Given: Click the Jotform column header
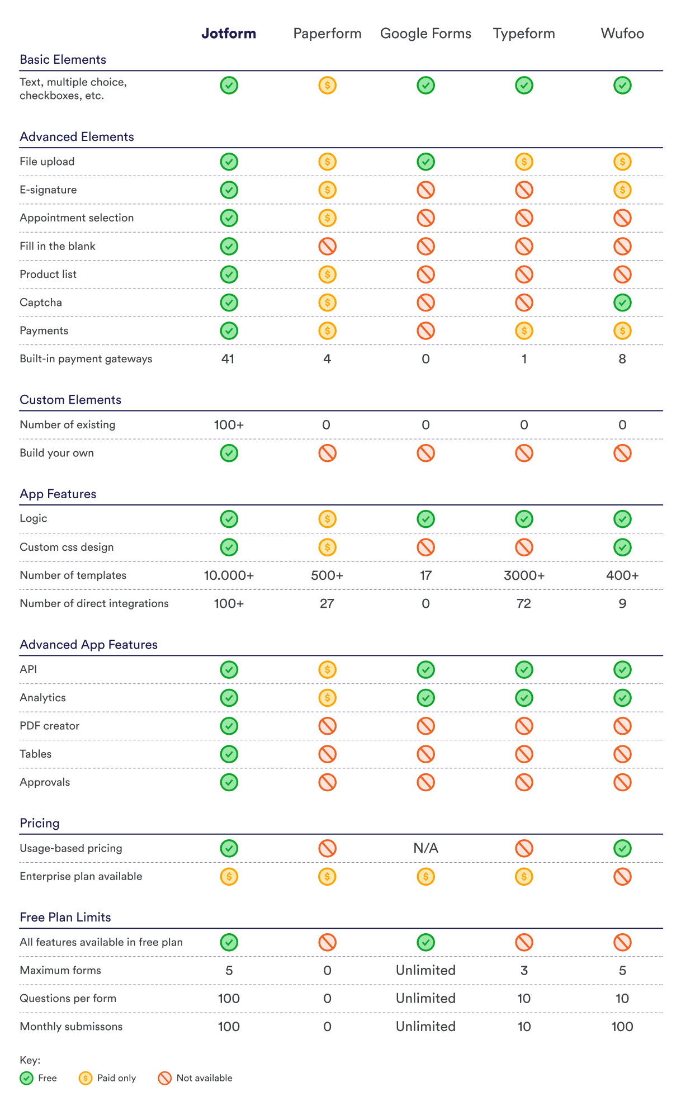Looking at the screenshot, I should click(229, 34).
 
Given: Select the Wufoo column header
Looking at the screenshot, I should click(622, 34).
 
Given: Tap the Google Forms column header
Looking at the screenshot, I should click(425, 34).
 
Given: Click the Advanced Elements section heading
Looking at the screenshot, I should click(77, 137).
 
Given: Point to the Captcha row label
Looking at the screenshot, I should click(41, 303).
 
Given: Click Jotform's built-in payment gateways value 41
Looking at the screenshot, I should click(228, 359).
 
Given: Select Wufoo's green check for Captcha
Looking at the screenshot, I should click(622, 303).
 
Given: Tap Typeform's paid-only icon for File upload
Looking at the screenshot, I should click(524, 162).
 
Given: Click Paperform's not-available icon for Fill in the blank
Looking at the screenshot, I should click(327, 246).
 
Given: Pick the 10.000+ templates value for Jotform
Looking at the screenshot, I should click(229, 575).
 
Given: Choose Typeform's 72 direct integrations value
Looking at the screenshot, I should click(524, 603).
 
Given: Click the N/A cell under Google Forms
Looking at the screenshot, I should click(425, 848).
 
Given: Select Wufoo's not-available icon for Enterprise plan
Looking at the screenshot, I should click(622, 876).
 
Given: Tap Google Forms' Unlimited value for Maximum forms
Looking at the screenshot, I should click(425, 970).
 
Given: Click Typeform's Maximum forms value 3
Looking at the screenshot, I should click(524, 970).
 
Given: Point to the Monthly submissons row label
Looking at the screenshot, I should click(71, 1027).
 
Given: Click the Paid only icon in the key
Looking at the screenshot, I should click(86, 1078).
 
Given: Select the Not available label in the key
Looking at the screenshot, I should click(204, 1078).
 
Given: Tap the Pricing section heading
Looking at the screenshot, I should click(39, 823).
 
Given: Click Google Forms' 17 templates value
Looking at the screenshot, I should click(425, 575).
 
